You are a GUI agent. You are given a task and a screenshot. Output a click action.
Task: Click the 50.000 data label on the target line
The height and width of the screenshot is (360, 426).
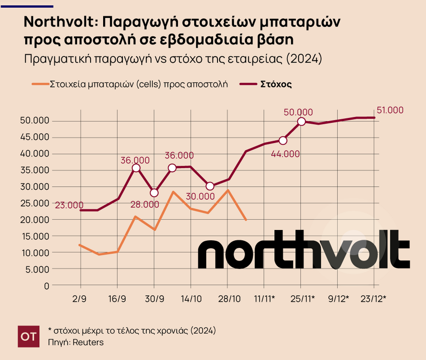[298, 112]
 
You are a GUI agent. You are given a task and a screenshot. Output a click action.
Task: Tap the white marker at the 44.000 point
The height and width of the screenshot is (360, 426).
[283, 140]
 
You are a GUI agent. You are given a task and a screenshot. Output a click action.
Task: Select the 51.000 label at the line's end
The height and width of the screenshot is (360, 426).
[390, 110]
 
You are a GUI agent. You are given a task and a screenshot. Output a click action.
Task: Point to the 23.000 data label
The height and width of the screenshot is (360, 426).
[69, 205]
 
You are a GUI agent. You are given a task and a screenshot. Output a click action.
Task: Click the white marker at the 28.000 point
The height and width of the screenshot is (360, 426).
[154, 193]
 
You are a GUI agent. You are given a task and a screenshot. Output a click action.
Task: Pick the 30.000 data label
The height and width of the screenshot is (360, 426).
[200, 196]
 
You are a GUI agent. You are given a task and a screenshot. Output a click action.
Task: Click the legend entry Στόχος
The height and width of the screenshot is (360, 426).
[276, 84]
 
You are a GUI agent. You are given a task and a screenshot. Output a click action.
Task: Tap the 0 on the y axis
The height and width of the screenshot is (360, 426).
[46, 286]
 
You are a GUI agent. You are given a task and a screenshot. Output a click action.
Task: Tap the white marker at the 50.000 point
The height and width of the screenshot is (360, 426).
[301, 121]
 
